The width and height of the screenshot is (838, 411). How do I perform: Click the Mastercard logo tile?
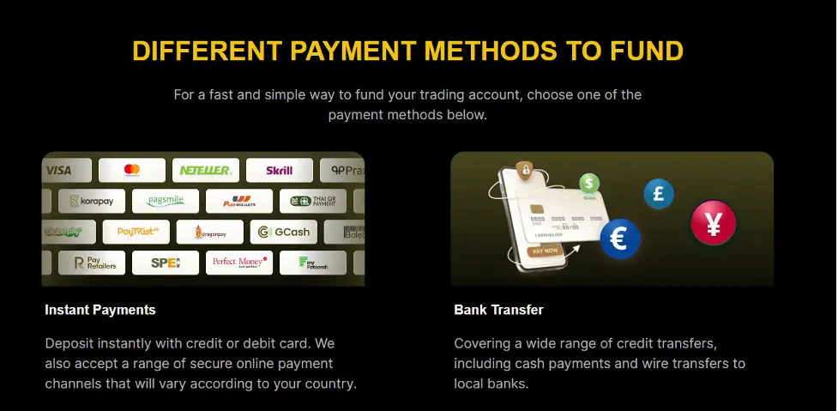[x=131, y=170]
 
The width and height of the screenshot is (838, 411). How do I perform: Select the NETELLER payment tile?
[x=205, y=170]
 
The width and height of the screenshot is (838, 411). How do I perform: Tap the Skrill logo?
[x=279, y=170]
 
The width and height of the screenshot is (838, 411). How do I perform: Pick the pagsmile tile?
[x=166, y=201]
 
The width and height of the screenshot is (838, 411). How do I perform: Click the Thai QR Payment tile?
[x=313, y=201]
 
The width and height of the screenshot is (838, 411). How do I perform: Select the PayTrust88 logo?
[x=136, y=232]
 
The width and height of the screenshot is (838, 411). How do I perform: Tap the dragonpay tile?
[x=210, y=232]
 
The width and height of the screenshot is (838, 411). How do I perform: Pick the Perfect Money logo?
[x=239, y=263]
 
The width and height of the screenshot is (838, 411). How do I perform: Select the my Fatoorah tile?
[x=313, y=263]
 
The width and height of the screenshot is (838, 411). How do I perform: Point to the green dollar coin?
[x=588, y=183]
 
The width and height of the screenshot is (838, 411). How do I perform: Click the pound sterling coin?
[x=659, y=194]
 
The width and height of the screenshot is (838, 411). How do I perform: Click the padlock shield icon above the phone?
[x=525, y=169]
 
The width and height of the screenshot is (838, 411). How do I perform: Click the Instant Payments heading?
[x=100, y=310]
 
